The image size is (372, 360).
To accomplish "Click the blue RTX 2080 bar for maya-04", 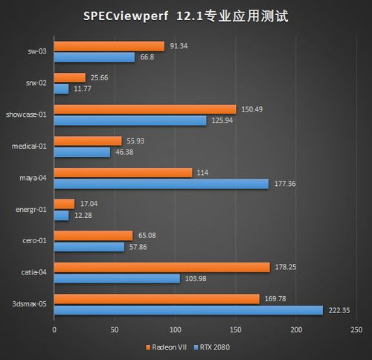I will (x=161, y=184).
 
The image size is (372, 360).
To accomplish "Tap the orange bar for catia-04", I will (x=161, y=267).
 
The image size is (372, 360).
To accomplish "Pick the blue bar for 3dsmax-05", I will (x=188, y=310).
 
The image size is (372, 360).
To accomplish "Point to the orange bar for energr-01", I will (x=64, y=204).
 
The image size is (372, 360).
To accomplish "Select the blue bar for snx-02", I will (x=61, y=89).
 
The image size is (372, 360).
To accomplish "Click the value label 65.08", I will (x=147, y=235).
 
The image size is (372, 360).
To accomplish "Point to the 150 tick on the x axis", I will (x=235, y=329).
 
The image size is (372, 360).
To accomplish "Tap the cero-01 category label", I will (x=34, y=240).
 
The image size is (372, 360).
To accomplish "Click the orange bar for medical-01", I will (x=88, y=141).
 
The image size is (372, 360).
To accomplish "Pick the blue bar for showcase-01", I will (x=130, y=120).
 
